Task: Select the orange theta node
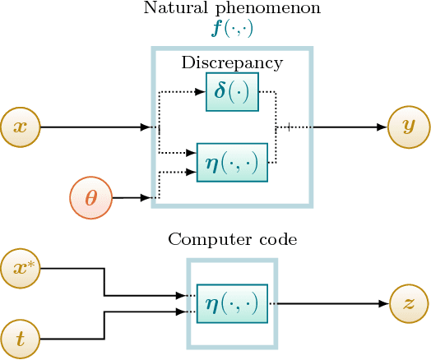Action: click(x=90, y=198)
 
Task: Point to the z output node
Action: click(x=409, y=302)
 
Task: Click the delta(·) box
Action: click(x=232, y=91)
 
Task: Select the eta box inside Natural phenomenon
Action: click(x=232, y=162)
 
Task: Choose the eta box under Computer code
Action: click(x=232, y=302)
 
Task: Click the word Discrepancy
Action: click(x=231, y=62)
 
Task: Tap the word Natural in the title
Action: click(x=171, y=9)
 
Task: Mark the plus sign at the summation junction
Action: click(x=288, y=127)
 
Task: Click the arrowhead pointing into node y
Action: click(x=382, y=127)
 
